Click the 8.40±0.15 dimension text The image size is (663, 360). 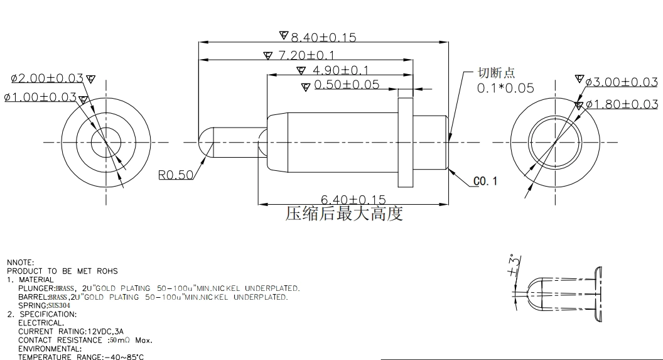click(323, 37)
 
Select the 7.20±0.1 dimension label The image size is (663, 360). click(306, 55)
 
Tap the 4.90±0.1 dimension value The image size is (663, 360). click(340, 70)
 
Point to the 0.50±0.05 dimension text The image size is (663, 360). click(347, 84)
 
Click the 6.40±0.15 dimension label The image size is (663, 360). click(353, 199)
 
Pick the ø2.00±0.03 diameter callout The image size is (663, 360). click(47, 79)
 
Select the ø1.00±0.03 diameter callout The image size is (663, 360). click(41, 97)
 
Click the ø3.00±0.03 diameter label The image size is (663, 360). click(622, 82)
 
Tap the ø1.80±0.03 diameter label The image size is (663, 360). click(622, 104)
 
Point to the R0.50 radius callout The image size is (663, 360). click(175, 175)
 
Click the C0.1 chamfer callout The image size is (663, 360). click(485, 182)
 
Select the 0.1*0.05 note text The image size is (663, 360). click(505, 88)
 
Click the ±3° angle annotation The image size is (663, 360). click(514, 265)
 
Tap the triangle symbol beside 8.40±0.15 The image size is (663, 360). click(284, 35)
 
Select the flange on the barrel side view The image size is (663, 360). click(406, 142)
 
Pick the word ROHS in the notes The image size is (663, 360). click(107, 271)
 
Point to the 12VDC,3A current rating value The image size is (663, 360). click(105, 332)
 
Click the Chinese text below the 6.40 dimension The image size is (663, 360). click(344, 214)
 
